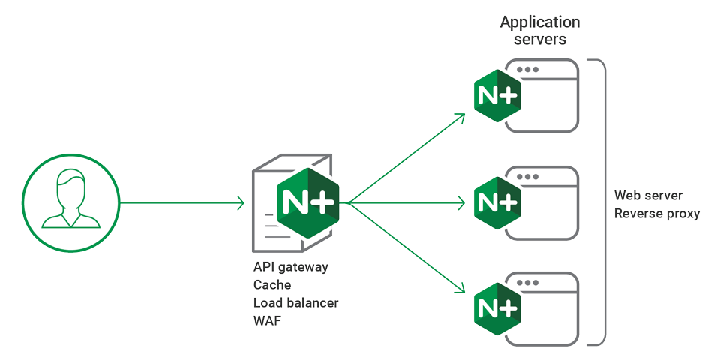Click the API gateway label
pos(291,268)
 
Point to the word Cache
pos(272,285)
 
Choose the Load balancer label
pos(295,303)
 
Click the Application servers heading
pos(539,31)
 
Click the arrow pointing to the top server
pos(409,157)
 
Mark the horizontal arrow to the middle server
pos(409,202)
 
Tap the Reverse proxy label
pos(657,214)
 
